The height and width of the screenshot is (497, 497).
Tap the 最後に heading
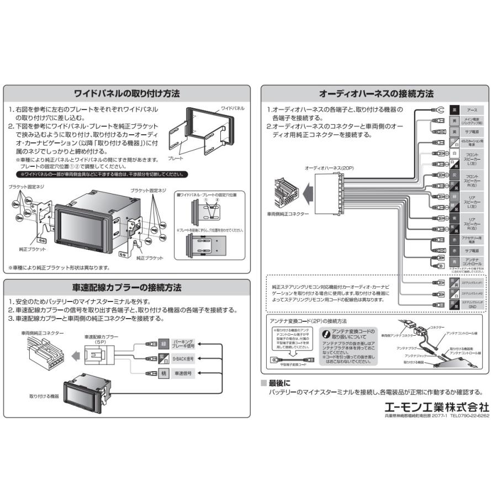pyautogui.click(x=279, y=383)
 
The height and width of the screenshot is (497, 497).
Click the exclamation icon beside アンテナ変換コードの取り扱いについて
pyautogui.click(x=326, y=334)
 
